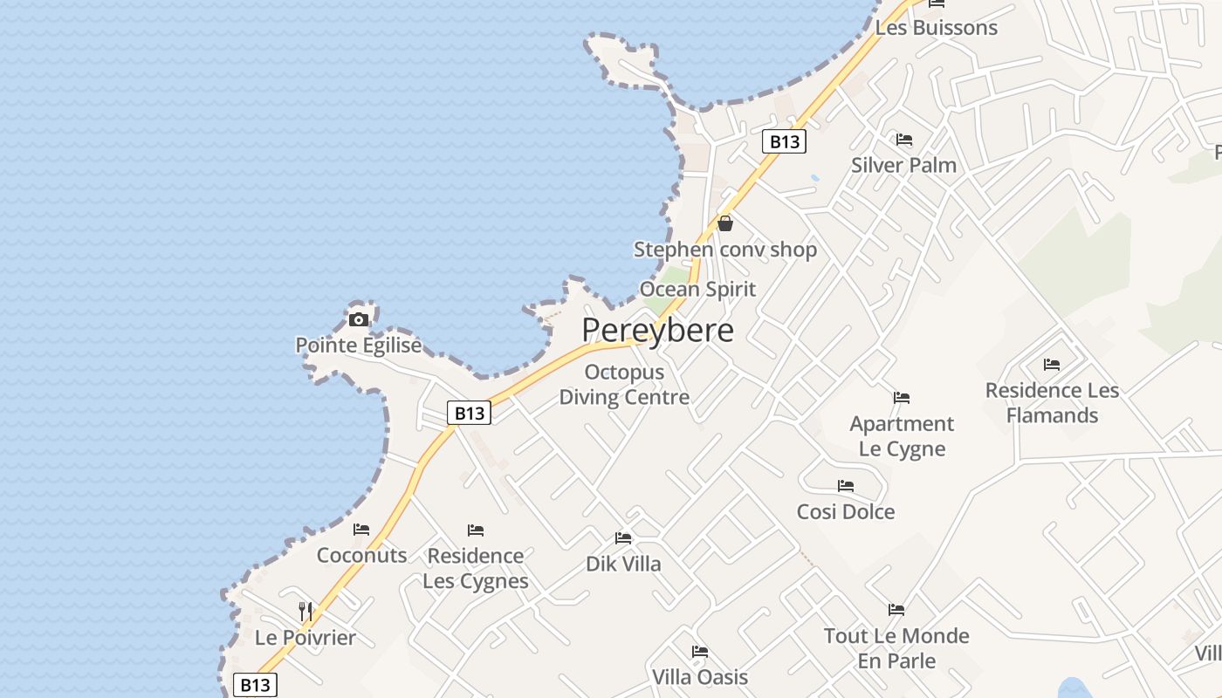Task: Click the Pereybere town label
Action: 657,331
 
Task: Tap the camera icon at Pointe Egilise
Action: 358,319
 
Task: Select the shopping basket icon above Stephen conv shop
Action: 724,224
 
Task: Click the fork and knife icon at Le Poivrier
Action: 305,611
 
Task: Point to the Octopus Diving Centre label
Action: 624,385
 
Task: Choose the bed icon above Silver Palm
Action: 904,140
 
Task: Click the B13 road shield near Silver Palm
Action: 783,141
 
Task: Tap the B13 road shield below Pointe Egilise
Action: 469,413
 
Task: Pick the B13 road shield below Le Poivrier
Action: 255,685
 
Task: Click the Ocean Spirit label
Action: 697,289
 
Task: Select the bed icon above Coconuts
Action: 361,530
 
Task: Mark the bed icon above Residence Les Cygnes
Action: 476,530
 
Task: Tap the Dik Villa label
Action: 623,564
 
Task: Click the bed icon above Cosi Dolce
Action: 846,486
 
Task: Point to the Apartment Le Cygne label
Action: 902,436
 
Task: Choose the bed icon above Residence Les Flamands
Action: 1052,365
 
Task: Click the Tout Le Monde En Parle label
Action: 896,648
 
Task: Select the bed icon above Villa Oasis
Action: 700,652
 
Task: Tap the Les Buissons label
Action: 937,27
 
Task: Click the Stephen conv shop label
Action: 725,250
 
